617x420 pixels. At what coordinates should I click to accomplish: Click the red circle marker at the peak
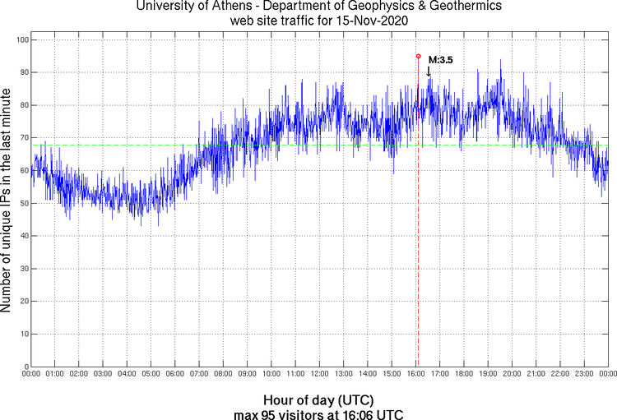tap(418, 57)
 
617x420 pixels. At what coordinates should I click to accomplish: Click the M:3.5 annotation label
tap(441, 60)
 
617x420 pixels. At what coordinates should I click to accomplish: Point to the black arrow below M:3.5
tap(428, 72)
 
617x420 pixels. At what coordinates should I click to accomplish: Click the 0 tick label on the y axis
tap(26, 367)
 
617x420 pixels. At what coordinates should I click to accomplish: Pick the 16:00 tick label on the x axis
tap(415, 374)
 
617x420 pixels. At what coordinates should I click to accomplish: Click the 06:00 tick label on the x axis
tap(175, 374)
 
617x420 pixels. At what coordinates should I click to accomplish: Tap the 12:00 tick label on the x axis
tap(319, 374)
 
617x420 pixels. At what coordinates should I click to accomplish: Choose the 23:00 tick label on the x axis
tap(584, 374)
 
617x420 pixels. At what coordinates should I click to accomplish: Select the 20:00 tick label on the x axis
tap(512, 374)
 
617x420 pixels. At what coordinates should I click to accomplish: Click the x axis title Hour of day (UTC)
tap(319, 399)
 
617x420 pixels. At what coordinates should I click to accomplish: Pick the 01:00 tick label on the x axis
tap(55, 374)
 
